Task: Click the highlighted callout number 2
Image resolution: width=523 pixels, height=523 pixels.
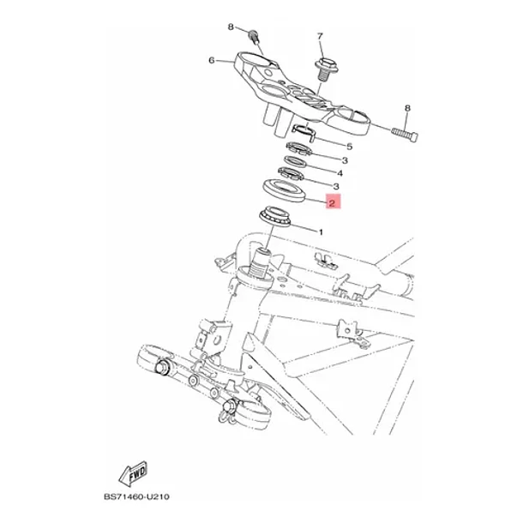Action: coord(332,203)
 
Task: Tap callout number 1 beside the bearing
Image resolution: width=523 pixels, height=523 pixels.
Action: coord(321,231)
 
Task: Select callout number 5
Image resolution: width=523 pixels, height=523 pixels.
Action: coord(349,147)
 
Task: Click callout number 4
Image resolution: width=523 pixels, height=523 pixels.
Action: coord(340,173)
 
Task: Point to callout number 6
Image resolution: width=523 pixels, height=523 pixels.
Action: coord(212,60)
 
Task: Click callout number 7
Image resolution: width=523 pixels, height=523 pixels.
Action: coord(320,36)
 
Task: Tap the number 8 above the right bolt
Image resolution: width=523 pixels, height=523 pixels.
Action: coord(407,108)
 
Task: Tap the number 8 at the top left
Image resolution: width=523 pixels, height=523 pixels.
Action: coord(231,27)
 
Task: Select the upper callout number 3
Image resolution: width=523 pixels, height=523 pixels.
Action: coord(345,160)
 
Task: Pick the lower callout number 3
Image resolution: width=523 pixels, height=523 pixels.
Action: coord(336,186)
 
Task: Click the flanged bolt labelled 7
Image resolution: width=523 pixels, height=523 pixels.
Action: coord(326,69)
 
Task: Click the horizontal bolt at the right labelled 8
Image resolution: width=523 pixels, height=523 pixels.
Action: coord(405,134)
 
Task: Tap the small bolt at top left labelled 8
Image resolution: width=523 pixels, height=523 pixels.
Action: coord(254,36)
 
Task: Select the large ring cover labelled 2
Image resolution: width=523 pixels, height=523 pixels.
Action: coord(284,190)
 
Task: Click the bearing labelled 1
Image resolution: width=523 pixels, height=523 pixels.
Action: coord(275,216)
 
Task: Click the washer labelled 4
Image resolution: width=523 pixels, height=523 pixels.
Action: coord(296,161)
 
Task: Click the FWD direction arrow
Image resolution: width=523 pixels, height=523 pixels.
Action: coord(134,473)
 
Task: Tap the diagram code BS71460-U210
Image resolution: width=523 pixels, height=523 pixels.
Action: coord(136,496)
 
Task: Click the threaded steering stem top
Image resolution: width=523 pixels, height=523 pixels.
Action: coord(261,261)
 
